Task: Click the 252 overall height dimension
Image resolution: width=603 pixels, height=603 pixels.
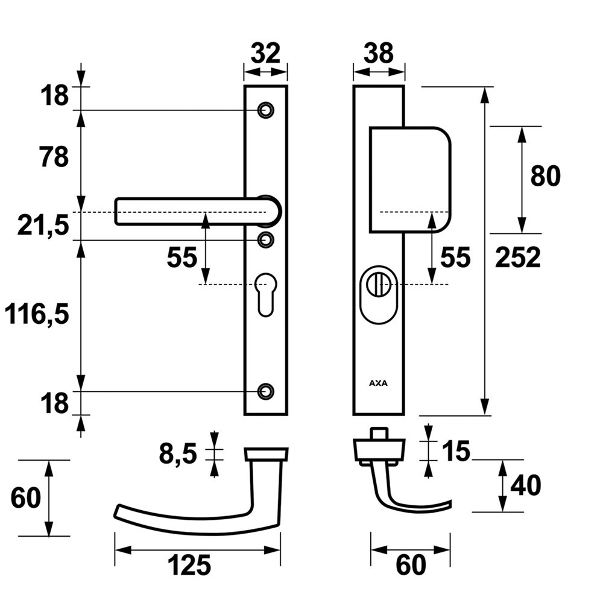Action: tap(518, 258)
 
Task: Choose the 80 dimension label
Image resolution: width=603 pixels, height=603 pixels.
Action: tap(545, 176)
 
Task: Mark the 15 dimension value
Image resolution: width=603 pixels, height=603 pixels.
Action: tap(455, 451)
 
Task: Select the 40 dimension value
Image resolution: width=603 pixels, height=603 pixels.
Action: tap(525, 485)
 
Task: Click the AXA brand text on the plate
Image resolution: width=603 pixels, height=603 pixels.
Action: tap(378, 382)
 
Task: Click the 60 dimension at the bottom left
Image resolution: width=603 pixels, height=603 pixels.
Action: tap(26, 498)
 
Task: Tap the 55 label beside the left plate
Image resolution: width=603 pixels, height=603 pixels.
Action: tap(182, 258)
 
